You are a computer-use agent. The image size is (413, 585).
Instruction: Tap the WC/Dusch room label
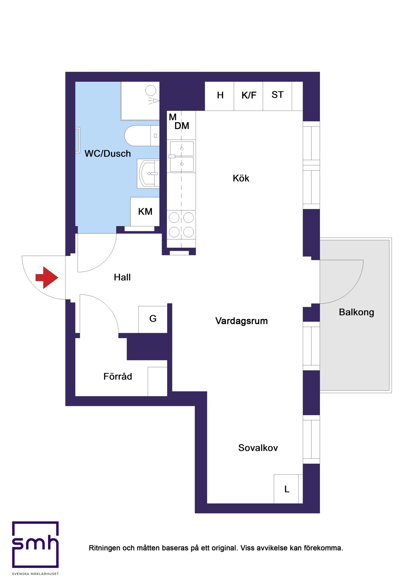[108, 153]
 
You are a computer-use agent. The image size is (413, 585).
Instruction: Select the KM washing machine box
[145, 212]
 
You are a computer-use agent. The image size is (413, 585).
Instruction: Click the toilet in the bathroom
[142, 136]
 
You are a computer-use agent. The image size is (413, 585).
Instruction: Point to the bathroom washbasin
[148, 173]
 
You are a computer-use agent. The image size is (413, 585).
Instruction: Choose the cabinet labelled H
[219, 96]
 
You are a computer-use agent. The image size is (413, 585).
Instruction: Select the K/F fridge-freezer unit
[248, 96]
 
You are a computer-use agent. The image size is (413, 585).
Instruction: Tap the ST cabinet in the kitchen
[277, 96]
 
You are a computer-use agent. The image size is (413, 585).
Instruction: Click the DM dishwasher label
[182, 126]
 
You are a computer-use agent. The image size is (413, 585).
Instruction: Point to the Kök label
[241, 178]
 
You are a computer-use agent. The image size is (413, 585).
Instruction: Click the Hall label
[122, 277]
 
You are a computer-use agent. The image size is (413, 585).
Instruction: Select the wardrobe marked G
[153, 319]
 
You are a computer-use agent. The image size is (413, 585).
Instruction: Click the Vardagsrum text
[242, 321]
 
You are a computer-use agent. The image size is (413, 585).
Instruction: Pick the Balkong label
[357, 312]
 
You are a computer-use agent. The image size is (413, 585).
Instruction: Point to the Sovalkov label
[258, 448]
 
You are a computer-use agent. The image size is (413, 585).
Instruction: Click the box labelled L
[287, 489]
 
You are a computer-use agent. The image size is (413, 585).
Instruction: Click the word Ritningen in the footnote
[104, 548]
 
